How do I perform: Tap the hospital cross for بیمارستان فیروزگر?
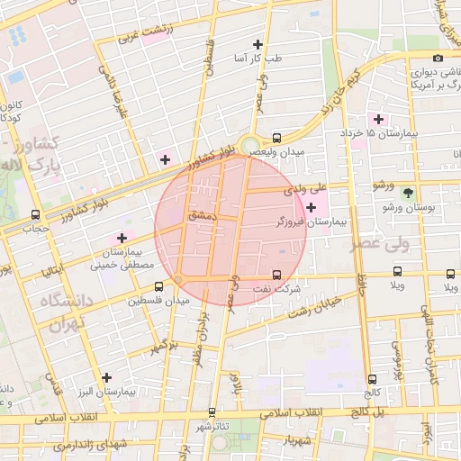311,208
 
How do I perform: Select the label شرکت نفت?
277,289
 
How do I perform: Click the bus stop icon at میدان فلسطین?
134,299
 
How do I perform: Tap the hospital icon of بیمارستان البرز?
107,377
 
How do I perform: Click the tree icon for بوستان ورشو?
409,193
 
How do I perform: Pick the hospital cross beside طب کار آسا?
259,44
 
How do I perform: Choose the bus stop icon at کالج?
373,380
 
